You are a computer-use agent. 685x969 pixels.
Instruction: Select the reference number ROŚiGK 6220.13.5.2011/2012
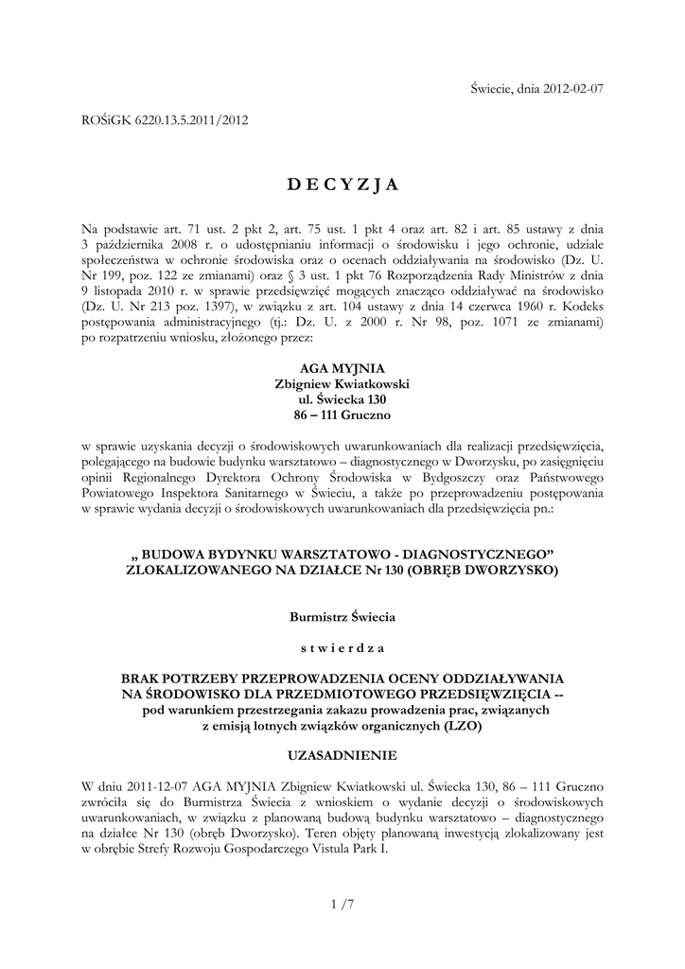pyautogui.click(x=166, y=121)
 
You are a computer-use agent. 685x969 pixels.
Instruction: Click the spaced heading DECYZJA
pyautogui.click(x=342, y=184)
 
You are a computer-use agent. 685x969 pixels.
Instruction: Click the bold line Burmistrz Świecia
pyautogui.click(x=342, y=617)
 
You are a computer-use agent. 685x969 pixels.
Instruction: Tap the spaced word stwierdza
pyautogui.click(x=342, y=648)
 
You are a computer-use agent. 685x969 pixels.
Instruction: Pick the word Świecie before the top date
pyautogui.click(x=493, y=89)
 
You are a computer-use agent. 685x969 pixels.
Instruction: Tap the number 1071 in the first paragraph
pyautogui.click(x=516, y=325)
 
